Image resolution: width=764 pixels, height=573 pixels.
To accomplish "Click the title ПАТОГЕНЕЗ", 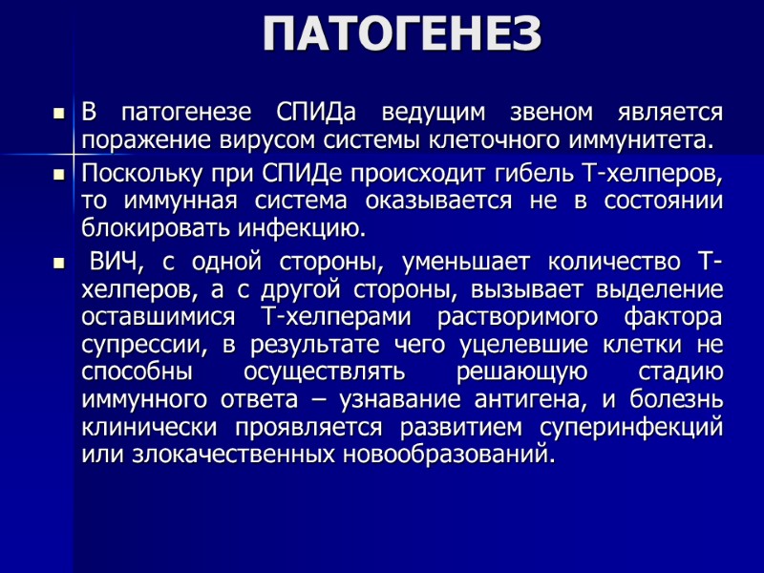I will tap(402, 35).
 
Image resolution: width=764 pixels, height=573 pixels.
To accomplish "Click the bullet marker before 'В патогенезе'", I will tap(57, 114).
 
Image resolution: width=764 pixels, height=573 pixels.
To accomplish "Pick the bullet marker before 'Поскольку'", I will tap(57, 176).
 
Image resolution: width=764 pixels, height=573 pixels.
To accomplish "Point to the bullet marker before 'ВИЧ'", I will tap(57, 263).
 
